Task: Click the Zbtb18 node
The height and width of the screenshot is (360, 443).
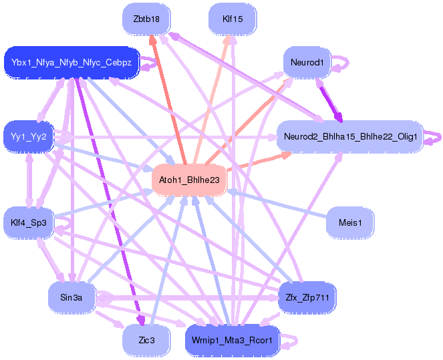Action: tap(146, 19)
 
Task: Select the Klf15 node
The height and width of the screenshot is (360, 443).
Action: tap(233, 19)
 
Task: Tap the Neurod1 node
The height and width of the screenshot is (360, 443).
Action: tap(307, 63)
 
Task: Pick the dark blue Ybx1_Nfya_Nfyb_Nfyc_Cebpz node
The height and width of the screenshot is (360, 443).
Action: tap(71, 63)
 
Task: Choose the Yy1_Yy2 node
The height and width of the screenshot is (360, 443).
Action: tap(29, 137)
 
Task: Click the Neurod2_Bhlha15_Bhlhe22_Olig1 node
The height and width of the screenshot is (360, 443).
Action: tap(350, 137)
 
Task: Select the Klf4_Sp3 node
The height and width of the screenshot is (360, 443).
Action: tap(29, 222)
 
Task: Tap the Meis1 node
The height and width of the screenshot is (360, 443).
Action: tap(350, 222)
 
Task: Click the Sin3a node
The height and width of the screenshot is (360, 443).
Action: tap(71, 296)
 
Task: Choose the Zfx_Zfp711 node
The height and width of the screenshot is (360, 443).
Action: tap(307, 296)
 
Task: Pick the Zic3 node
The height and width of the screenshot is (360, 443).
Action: tap(146, 340)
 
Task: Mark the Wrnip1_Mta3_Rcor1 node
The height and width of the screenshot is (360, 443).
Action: tap(233, 340)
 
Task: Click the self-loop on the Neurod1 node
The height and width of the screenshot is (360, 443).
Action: tap(341, 63)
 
